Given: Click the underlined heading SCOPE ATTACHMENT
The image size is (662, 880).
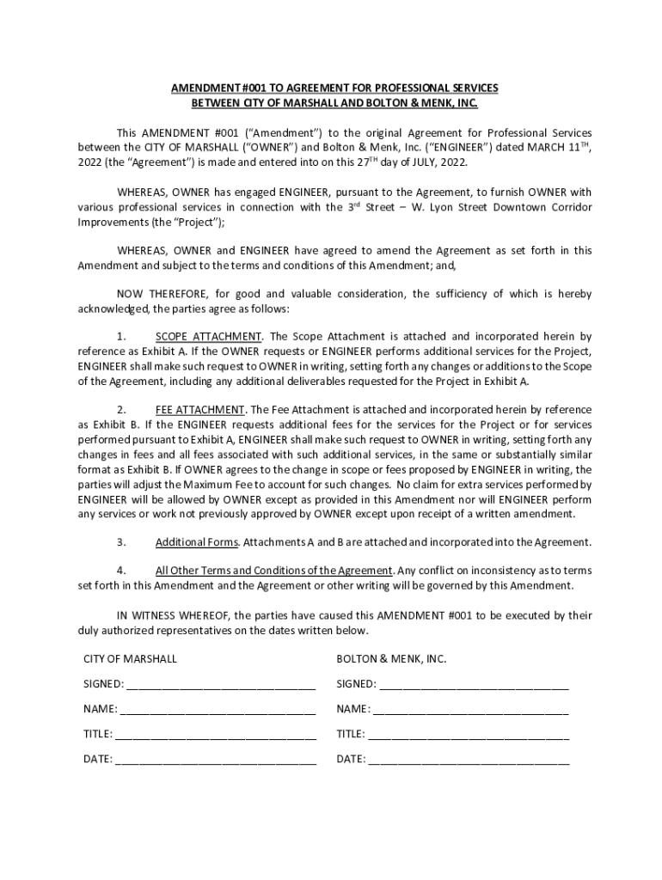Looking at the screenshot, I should pos(208,336).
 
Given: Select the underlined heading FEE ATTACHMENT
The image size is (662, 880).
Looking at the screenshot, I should pos(200,408).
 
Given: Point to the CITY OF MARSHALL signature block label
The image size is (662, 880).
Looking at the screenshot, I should pos(130,658).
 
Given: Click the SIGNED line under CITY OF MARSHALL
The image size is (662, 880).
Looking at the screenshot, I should pos(221,685).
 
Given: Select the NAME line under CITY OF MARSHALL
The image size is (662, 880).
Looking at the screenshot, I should pos(218,710).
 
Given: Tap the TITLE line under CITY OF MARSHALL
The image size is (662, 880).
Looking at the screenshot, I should pos(215,735).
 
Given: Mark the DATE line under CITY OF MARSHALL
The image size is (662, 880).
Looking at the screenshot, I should pos(215,760).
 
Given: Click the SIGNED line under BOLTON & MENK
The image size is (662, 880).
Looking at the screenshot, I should pos(474,685).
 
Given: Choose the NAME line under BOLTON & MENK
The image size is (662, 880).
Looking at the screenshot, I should pos(470,710).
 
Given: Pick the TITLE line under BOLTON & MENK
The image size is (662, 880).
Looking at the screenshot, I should pos(469,735).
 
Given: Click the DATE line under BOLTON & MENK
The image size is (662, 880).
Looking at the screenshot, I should pos(469,760).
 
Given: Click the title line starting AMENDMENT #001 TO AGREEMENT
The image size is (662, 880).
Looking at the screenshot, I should pos(334,89).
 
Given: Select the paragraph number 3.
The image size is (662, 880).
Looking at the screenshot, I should pos(121,542).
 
